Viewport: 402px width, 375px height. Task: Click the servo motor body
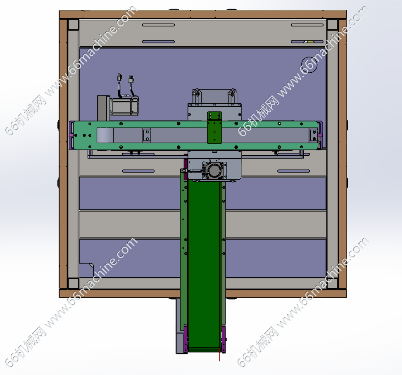point(125,105)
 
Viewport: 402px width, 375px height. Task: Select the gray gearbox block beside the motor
point(104,108)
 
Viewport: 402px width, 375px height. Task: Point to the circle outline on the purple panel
point(309,65)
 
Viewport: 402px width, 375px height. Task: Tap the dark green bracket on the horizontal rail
point(214,127)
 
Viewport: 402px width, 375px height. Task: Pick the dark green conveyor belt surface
point(205,264)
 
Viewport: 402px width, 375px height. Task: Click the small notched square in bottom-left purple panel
point(86,270)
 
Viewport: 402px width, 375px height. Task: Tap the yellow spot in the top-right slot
point(310,41)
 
